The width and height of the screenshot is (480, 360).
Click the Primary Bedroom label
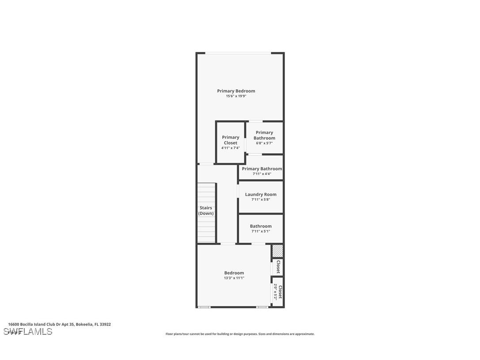(x=236, y=91)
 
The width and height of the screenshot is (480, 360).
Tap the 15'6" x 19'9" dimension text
(x=236, y=96)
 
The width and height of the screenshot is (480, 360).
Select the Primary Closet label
(x=230, y=140)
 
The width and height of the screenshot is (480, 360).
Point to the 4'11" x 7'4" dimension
(x=230, y=148)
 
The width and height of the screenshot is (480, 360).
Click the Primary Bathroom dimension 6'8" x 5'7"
(x=264, y=143)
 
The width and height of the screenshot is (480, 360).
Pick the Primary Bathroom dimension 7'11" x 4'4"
(x=262, y=174)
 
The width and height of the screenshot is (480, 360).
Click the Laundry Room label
(x=261, y=195)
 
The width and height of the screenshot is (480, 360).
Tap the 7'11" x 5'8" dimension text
(x=261, y=199)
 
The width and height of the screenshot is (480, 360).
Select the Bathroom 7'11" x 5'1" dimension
(x=261, y=231)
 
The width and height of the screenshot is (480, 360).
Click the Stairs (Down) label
(x=206, y=211)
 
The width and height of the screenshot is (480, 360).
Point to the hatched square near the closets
(x=277, y=251)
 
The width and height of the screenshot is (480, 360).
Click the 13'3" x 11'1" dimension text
(x=234, y=278)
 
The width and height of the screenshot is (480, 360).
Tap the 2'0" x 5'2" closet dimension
(x=275, y=292)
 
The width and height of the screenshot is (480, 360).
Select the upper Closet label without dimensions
(x=278, y=267)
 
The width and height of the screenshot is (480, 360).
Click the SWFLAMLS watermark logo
(x=28, y=332)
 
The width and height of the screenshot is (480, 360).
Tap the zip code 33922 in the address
(x=105, y=324)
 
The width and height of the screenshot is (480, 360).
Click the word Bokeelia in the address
(x=84, y=324)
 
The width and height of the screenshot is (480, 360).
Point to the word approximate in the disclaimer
(x=305, y=334)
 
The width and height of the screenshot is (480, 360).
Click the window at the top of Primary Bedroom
(x=238, y=53)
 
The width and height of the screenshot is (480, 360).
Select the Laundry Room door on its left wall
(x=238, y=191)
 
